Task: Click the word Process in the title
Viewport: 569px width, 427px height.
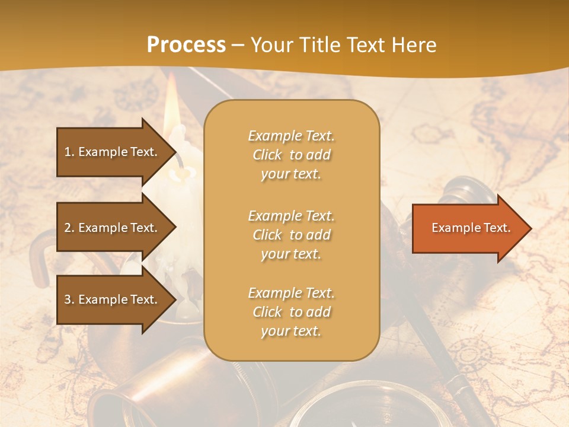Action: [186, 45]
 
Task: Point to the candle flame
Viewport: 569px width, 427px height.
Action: [171, 107]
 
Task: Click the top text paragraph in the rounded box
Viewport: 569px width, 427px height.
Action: [291, 155]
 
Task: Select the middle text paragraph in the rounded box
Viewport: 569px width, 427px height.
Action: [291, 235]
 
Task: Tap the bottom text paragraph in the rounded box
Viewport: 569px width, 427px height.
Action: [291, 312]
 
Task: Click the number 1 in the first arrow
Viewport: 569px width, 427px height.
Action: [68, 152]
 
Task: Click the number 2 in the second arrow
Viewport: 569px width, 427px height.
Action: [68, 228]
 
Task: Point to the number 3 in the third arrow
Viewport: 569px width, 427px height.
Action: [68, 299]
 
